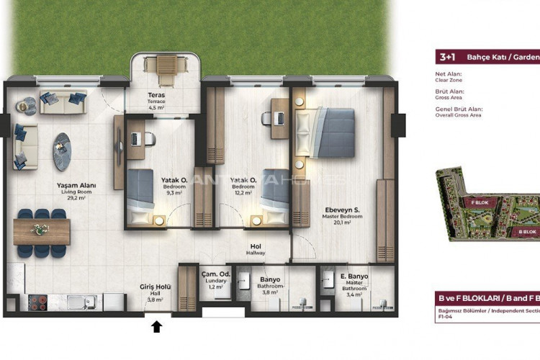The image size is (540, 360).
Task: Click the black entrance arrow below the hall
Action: coord(158,327)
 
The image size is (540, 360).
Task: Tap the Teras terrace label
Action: coord(157,99)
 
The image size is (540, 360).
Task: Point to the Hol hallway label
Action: coord(256,249)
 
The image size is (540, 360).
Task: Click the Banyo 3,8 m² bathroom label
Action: coord(270,283)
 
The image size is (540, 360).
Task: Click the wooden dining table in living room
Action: coord(41,231)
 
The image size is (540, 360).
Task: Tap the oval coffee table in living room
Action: coord(63,151)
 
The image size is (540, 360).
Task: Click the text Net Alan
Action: coord(449,73)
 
